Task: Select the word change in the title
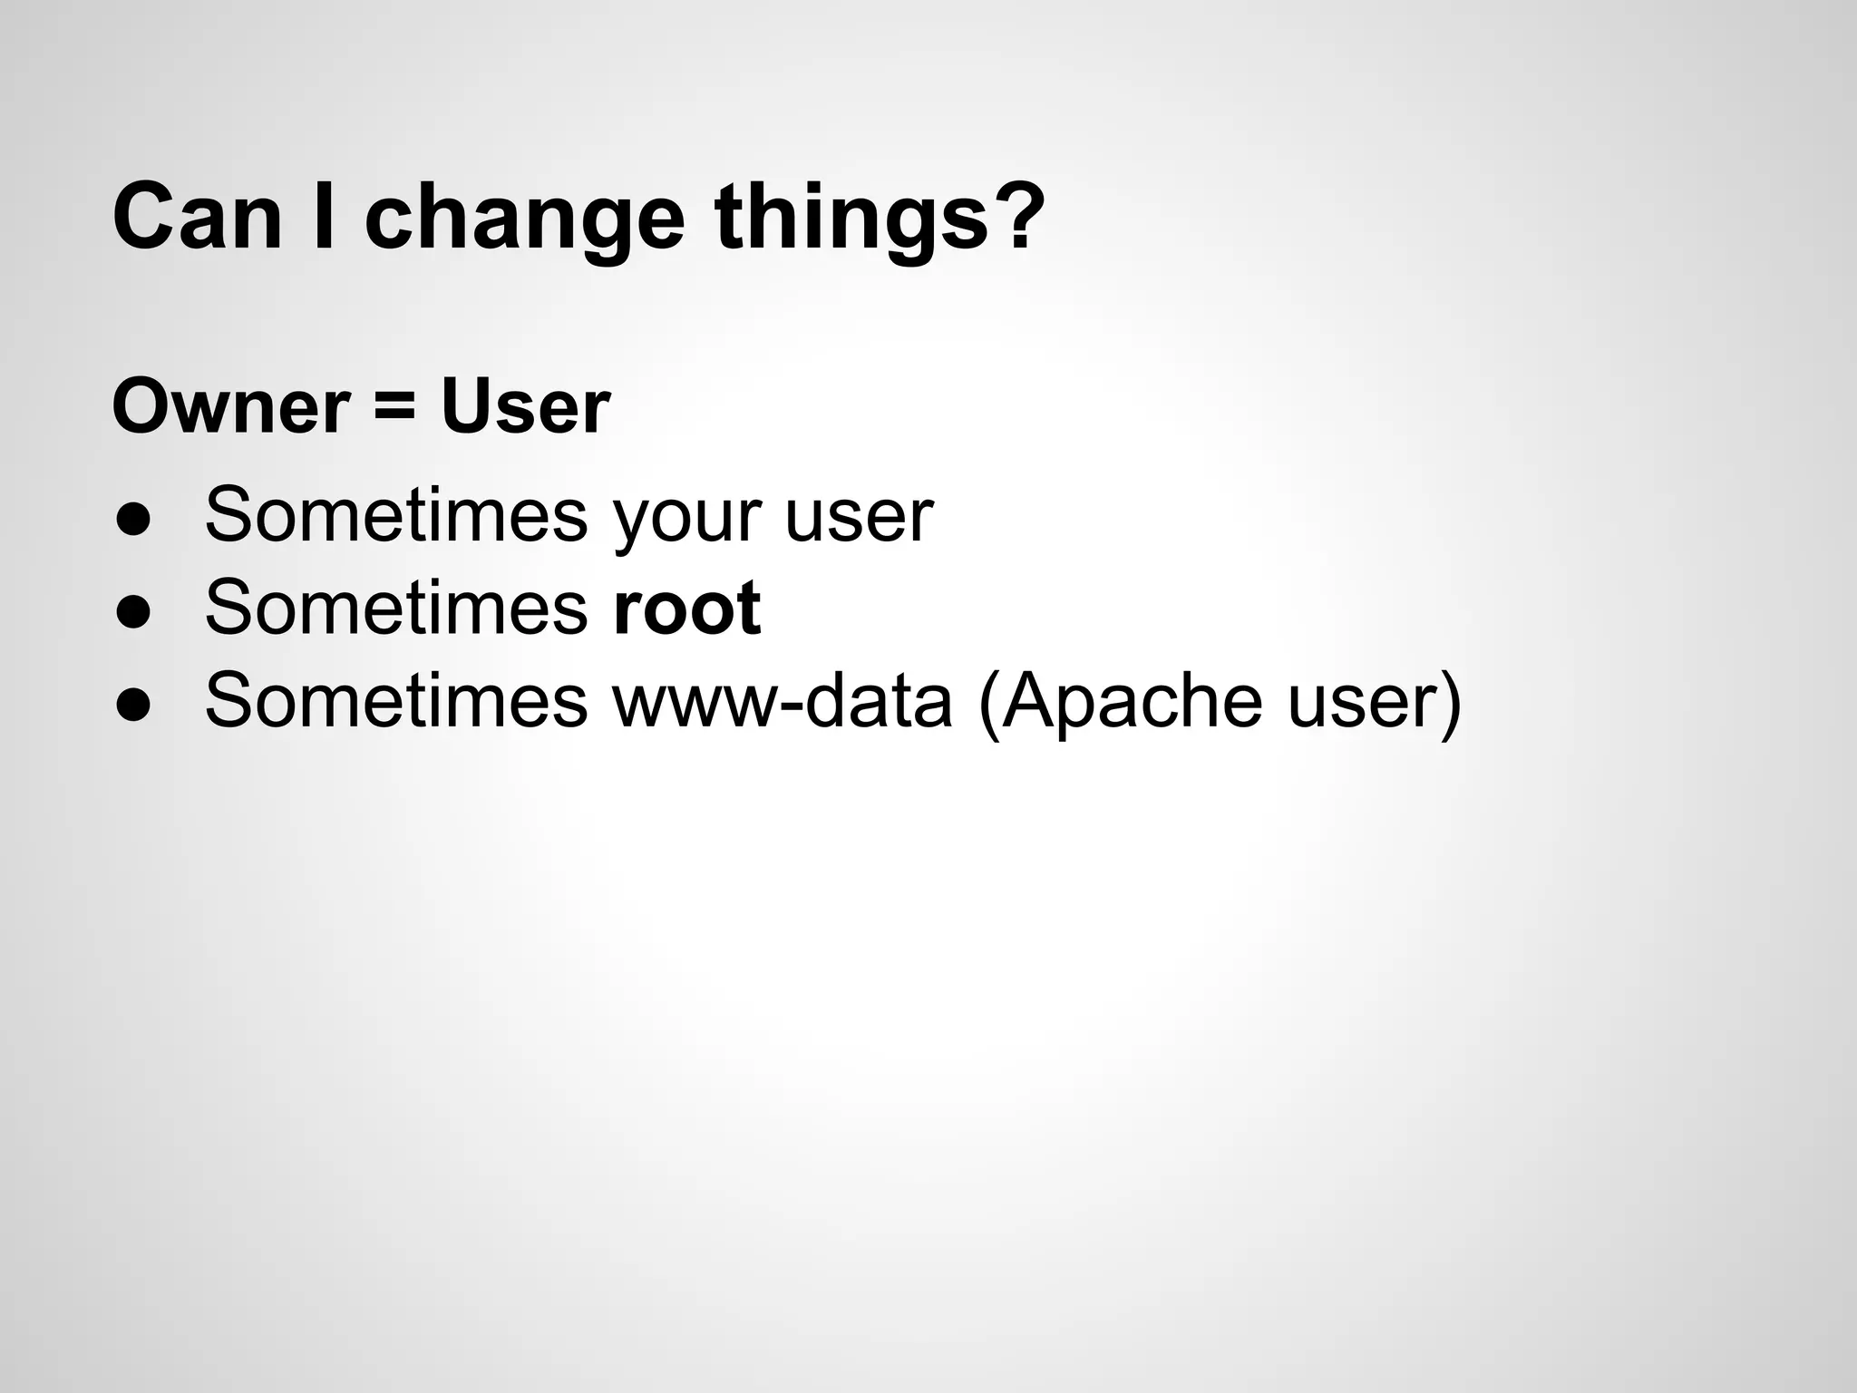coord(524,222)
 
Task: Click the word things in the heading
coord(850,222)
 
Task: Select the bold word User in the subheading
coord(525,407)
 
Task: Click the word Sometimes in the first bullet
coord(396,515)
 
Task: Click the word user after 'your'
coord(859,517)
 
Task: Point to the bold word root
coord(686,608)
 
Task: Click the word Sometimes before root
coord(396,608)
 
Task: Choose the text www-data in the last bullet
coord(783,700)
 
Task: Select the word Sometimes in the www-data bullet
coord(396,700)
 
